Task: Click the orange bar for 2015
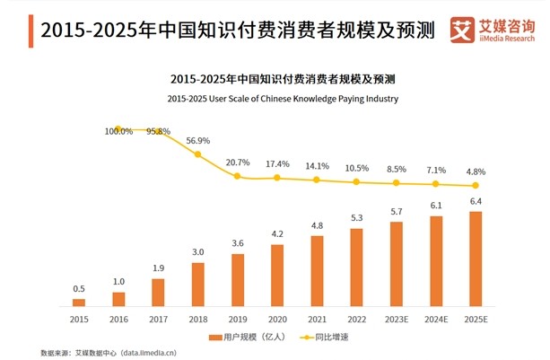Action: (79, 303)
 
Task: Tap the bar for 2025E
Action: (476, 259)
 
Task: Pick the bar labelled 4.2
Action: (277, 275)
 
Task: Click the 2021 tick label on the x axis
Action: (317, 318)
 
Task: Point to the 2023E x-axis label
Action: (397, 318)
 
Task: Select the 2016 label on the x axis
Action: (118, 318)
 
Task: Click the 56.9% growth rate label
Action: (198, 141)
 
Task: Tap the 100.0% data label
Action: (118, 131)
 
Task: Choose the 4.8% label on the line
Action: (476, 171)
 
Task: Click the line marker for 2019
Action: (238, 176)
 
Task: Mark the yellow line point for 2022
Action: (356, 182)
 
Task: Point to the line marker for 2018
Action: (197, 154)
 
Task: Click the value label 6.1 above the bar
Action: (436, 206)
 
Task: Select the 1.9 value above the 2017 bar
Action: (158, 268)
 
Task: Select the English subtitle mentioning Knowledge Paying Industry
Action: (275, 99)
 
